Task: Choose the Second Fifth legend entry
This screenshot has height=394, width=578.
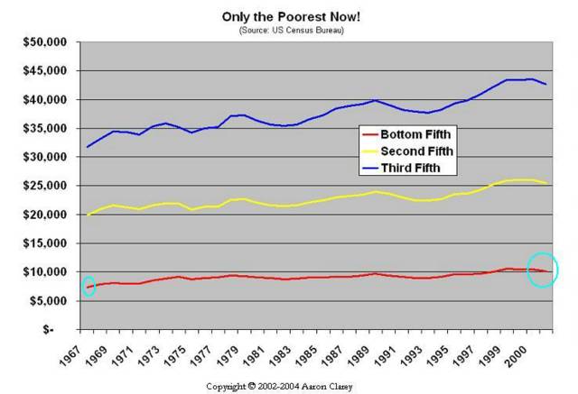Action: (x=412, y=151)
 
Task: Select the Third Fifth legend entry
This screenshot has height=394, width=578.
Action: (x=406, y=167)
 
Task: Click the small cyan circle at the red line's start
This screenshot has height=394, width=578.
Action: (x=89, y=287)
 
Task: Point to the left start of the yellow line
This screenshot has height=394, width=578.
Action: (x=88, y=215)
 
